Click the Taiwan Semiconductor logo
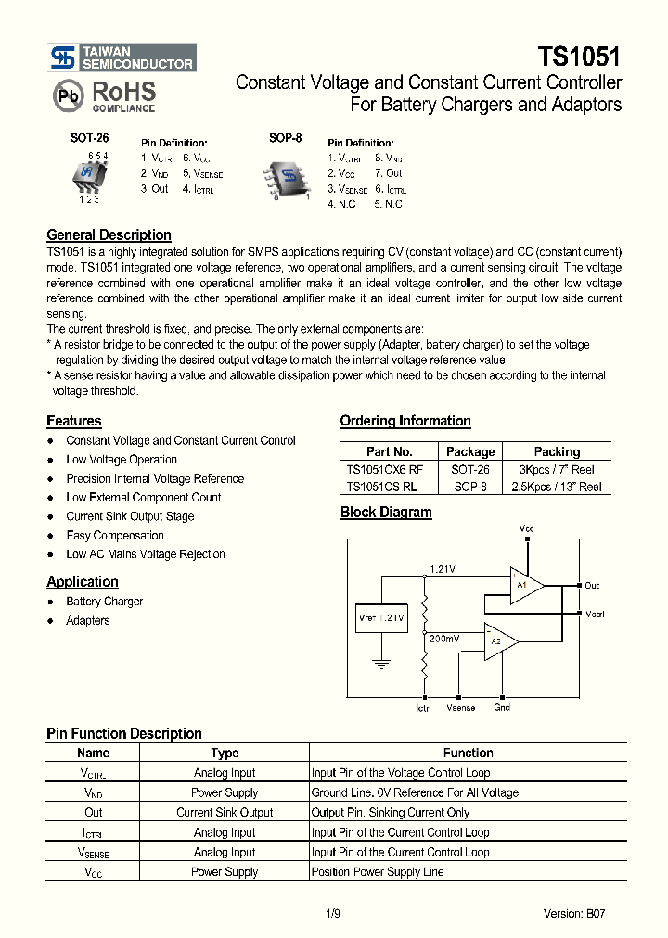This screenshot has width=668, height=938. click(x=122, y=57)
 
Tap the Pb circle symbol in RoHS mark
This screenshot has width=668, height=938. click(x=69, y=96)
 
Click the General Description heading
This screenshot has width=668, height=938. click(x=109, y=235)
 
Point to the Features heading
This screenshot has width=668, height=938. click(x=74, y=421)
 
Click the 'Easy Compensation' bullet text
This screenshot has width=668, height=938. click(x=115, y=536)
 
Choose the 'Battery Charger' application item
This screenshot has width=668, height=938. click(x=105, y=602)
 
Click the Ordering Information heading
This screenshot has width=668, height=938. click(x=405, y=421)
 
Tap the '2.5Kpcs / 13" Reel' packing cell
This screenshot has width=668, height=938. click(x=557, y=487)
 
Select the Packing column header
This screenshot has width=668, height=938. click(x=557, y=451)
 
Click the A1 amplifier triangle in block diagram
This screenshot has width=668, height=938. click(x=524, y=586)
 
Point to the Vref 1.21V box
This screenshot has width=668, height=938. click(x=381, y=617)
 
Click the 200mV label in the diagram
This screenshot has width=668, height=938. click(x=444, y=639)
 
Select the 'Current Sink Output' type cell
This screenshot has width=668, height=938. click(x=225, y=813)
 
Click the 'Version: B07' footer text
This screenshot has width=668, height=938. click(x=575, y=914)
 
